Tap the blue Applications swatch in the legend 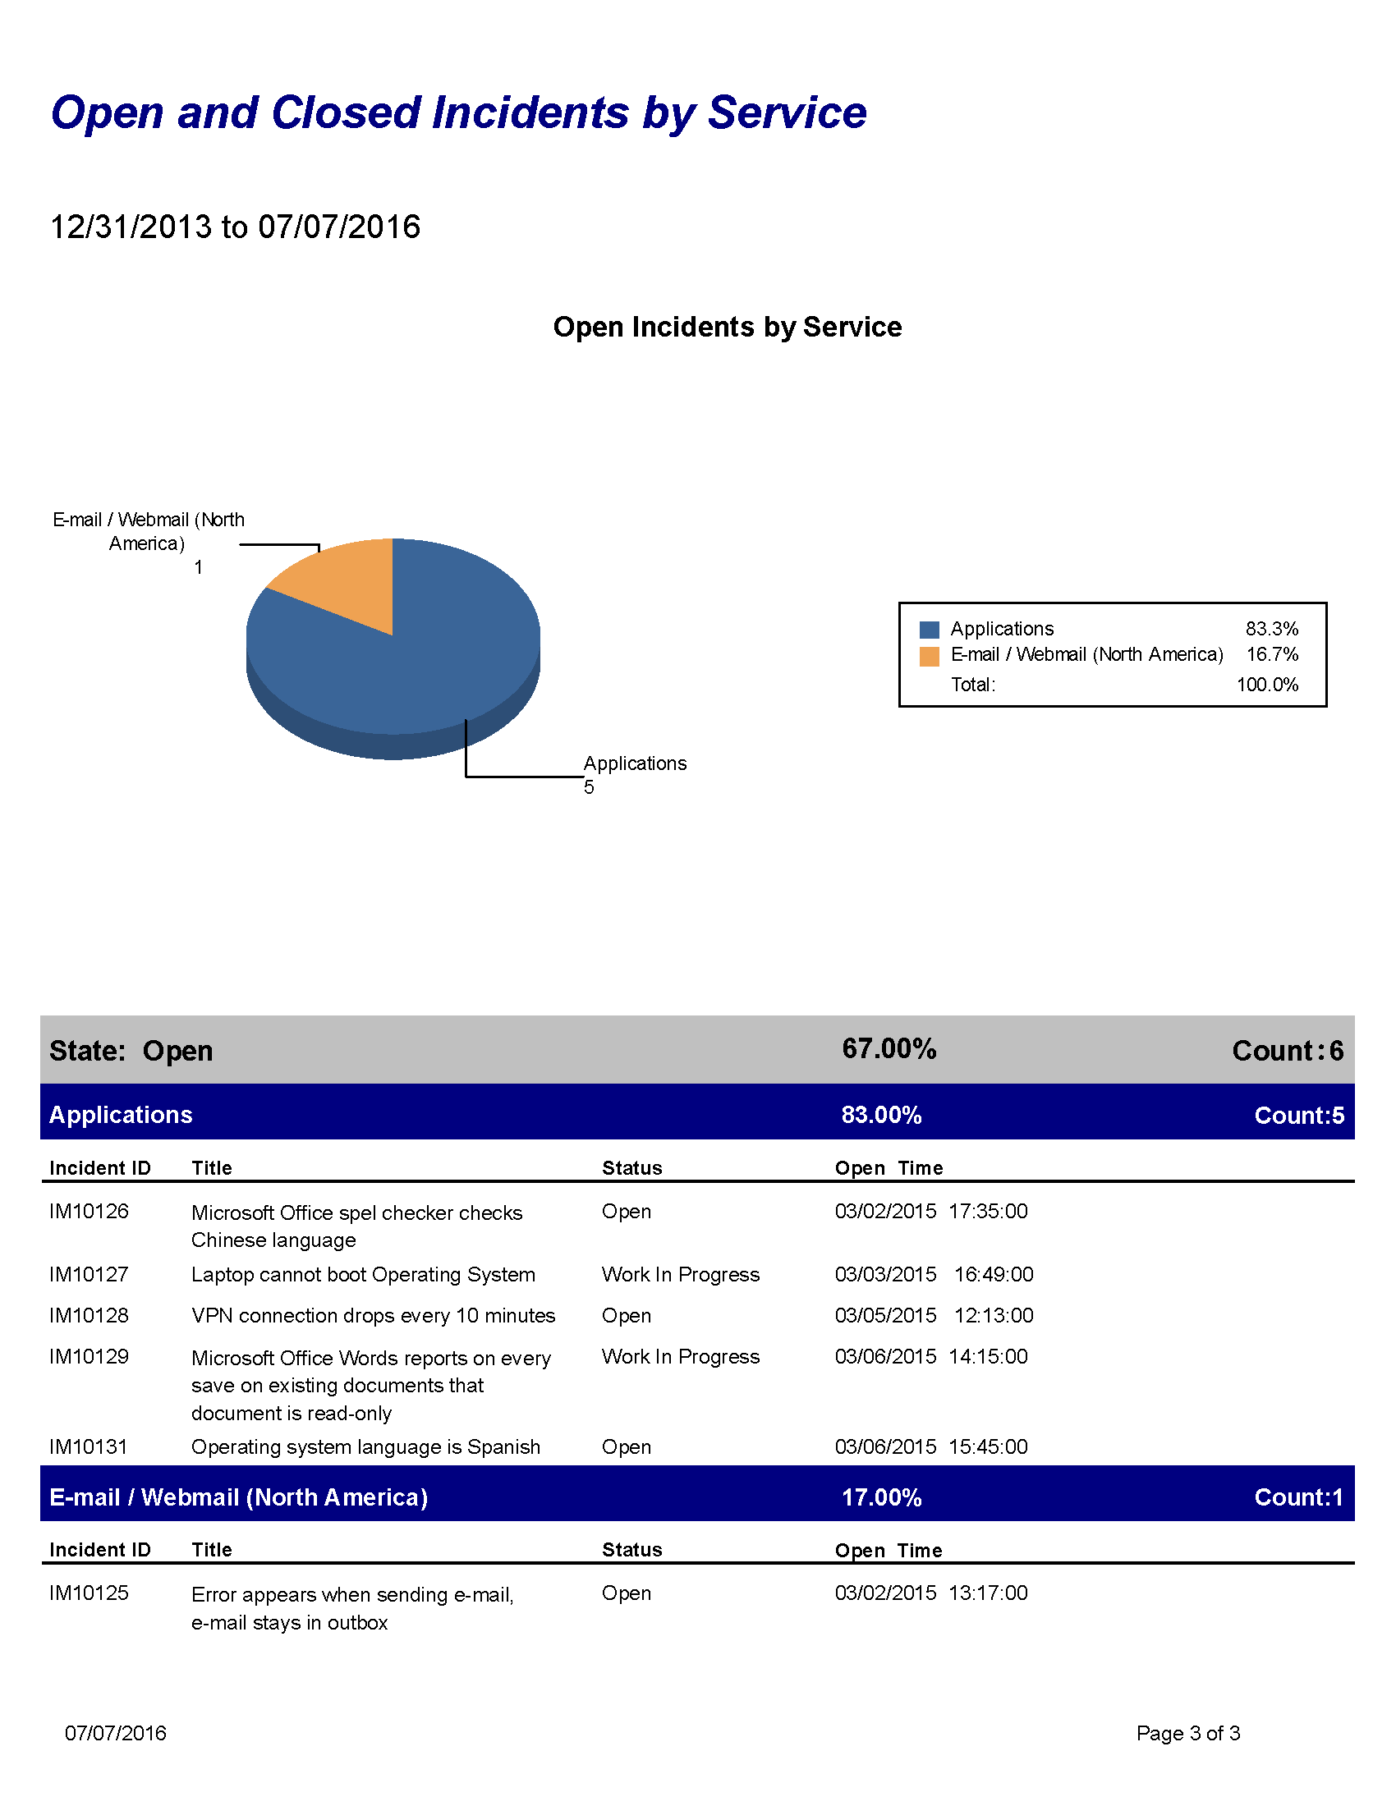click(x=929, y=630)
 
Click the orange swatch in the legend click(x=929, y=656)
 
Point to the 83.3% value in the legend click(x=1271, y=629)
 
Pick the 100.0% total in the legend click(x=1267, y=685)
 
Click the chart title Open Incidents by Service click(x=727, y=327)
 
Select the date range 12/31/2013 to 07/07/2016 click(x=236, y=227)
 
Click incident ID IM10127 click(x=90, y=1274)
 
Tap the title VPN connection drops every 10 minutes click(x=373, y=1316)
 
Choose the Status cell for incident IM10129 click(x=680, y=1357)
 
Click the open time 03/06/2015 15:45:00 click(x=931, y=1447)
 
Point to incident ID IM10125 click(x=90, y=1593)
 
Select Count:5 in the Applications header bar click(x=1298, y=1116)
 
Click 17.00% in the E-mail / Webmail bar click(x=882, y=1497)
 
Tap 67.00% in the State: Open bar click(x=889, y=1048)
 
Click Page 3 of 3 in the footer click(x=1187, y=1733)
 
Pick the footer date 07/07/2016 click(x=116, y=1733)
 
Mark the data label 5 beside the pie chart click(x=589, y=787)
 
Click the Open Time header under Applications click(x=889, y=1167)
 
